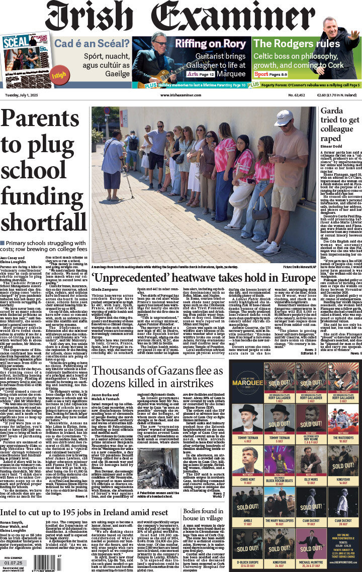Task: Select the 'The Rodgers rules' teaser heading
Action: coord(297,43)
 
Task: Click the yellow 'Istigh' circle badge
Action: coord(59,75)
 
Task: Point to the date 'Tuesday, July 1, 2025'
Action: coord(23,94)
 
